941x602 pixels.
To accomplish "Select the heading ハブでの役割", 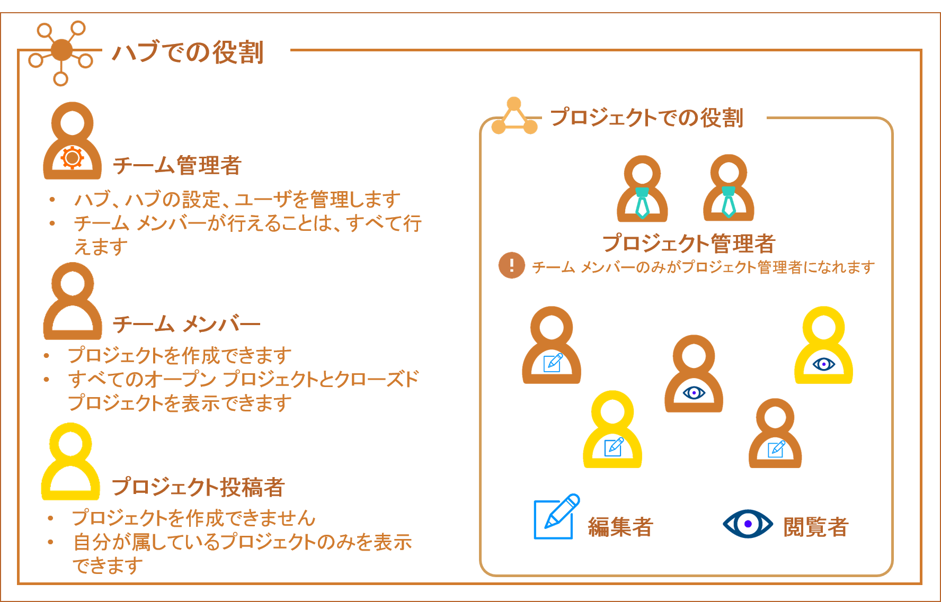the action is point(188,52).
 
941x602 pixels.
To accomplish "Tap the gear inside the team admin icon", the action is point(72,157).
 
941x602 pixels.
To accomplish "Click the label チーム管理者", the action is point(177,165).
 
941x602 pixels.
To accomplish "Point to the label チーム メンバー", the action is point(187,324).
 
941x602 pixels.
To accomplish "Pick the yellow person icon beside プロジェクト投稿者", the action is point(70,461).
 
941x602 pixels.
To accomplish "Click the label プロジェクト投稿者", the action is point(198,487).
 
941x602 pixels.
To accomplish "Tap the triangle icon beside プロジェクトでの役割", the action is point(514,116).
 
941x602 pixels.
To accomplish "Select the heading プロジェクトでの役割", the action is point(647,118).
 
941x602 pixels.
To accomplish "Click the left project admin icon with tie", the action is point(642,188).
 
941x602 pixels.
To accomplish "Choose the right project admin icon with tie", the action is point(729,187).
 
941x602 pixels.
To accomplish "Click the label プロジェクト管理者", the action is point(689,244).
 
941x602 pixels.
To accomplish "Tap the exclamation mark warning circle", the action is point(512,265).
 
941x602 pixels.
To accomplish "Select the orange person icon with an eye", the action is point(694,373).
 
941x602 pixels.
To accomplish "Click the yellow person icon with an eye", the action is point(823,345).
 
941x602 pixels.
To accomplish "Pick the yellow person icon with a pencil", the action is point(612,429).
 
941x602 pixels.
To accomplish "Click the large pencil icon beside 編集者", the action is point(556,516).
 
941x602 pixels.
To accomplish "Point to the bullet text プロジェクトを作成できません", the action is point(194,517).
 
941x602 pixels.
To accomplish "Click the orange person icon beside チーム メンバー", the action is point(73,301).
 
